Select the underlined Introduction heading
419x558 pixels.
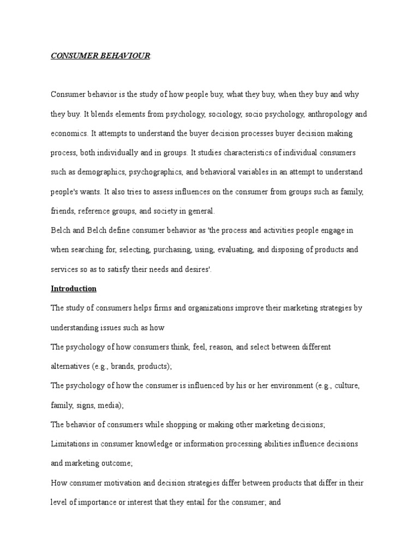tap(74, 289)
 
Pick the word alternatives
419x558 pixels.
tap(70, 366)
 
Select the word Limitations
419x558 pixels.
tap(70, 444)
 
